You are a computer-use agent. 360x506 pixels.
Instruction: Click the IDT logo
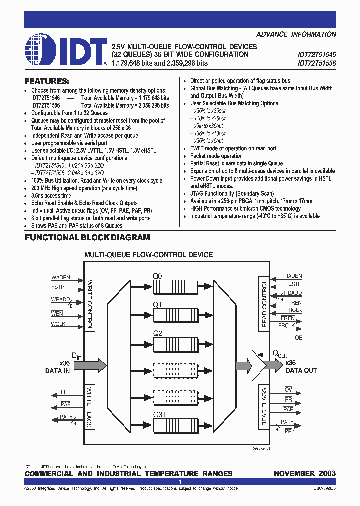point(65,50)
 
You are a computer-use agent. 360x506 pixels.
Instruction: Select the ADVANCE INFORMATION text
point(296,34)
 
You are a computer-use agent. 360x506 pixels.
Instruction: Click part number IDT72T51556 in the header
point(317,63)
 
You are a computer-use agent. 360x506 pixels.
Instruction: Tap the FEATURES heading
point(47,81)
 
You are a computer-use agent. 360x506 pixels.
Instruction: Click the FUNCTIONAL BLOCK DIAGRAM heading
point(87,238)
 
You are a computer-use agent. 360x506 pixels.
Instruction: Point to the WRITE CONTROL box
point(90,304)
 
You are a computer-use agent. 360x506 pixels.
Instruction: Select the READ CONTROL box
point(264,304)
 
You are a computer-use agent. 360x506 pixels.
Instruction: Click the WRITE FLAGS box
point(90,407)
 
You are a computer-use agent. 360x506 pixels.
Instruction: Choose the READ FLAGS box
point(264,407)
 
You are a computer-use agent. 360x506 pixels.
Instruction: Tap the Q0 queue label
point(157,275)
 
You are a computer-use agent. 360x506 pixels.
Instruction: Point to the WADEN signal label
point(61,277)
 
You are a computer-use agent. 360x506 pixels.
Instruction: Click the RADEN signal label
point(293,276)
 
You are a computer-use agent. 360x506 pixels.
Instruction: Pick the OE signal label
point(299,338)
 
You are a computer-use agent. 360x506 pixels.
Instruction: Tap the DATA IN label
point(57,371)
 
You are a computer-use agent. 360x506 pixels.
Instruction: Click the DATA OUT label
point(301,371)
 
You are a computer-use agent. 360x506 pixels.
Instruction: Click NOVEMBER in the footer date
point(294,473)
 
